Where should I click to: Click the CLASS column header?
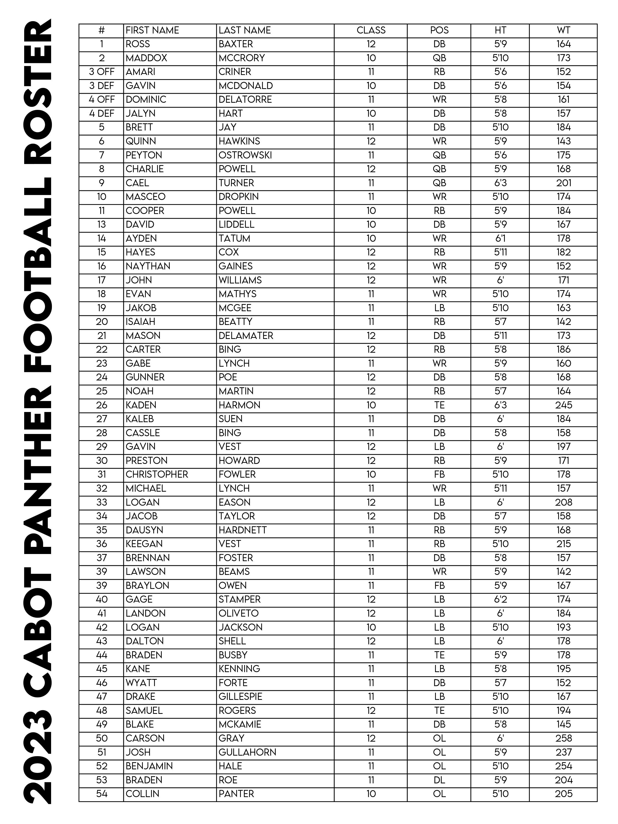coord(371,30)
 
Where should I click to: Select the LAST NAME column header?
coord(244,30)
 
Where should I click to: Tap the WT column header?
coord(563,30)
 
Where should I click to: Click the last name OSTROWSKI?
coord(245,155)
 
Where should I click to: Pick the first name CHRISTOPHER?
coord(157,474)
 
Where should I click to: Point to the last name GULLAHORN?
coord(247,752)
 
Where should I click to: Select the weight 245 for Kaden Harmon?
coord(563,405)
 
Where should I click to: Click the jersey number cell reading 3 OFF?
coord(101,71)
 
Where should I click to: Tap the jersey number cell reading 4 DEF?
coord(101,113)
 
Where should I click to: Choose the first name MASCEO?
coord(145,197)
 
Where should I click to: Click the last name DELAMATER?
coord(246,336)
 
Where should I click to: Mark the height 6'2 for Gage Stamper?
coord(500,599)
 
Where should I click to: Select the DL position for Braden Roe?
coord(439,780)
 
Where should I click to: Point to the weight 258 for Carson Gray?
coord(563,738)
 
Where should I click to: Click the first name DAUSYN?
coord(144,530)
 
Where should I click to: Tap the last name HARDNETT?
coord(243,530)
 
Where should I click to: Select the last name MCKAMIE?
coord(240,724)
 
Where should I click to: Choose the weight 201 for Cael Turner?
coord(563,183)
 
